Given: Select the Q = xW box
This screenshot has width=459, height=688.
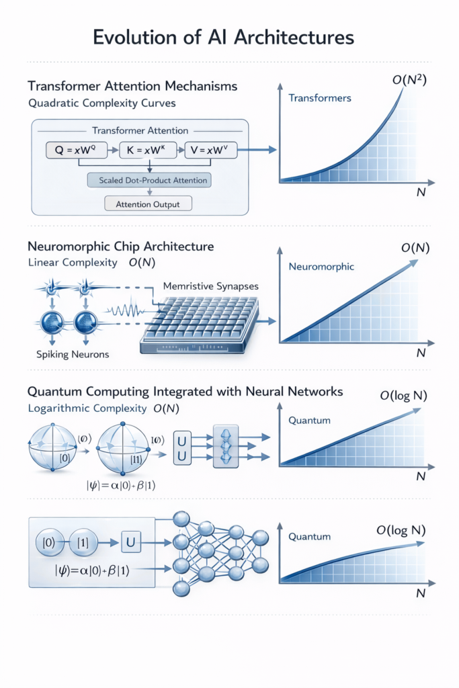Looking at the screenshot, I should click(79, 150).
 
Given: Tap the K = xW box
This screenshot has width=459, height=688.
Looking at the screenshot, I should click(151, 150).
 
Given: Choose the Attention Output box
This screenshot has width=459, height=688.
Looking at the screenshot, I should click(148, 203).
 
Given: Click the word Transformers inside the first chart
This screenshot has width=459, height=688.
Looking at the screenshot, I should click(319, 99).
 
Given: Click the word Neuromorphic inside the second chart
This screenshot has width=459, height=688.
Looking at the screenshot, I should click(321, 267).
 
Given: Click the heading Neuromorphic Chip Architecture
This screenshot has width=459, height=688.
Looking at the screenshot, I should click(120, 247).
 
